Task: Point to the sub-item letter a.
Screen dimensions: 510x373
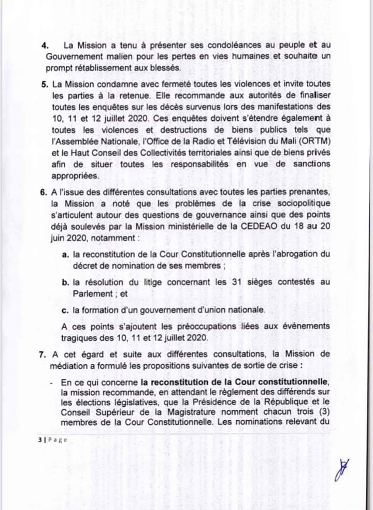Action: [65, 256]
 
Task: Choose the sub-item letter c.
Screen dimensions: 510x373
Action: [65, 310]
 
